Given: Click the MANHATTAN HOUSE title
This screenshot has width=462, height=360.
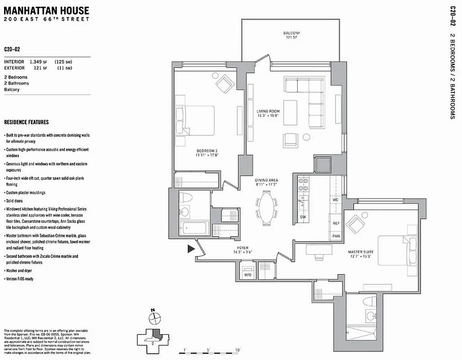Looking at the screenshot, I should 47,10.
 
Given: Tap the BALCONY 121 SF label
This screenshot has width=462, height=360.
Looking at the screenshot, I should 292,36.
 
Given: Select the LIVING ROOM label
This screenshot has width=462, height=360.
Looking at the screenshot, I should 268,113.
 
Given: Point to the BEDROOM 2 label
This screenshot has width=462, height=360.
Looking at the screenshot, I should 206,153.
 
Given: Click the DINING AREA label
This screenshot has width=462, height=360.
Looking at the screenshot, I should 266,183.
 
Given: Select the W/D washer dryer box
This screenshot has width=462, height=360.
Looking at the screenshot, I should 247,274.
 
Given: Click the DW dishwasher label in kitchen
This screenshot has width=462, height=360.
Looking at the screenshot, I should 303,217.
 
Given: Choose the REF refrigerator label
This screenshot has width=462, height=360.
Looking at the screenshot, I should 336,223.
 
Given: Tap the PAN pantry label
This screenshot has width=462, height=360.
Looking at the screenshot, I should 336,236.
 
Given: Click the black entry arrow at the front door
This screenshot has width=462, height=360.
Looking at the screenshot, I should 191,248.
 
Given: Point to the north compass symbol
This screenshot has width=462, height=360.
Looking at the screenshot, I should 153,317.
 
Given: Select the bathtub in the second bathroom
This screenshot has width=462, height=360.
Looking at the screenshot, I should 193,228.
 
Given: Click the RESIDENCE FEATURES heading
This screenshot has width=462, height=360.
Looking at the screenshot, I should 27,122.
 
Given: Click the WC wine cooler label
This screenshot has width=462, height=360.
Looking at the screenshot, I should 336,199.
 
